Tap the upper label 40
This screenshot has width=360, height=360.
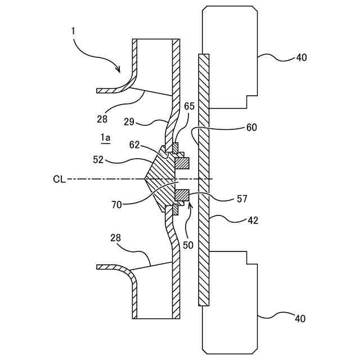(x=301, y=57)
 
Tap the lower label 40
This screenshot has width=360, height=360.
(x=300, y=319)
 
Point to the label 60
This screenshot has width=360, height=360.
(x=251, y=128)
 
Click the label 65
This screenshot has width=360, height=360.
(x=189, y=106)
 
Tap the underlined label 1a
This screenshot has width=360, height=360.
(x=106, y=137)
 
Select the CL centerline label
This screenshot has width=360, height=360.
(x=60, y=179)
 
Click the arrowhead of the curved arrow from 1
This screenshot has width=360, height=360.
(x=119, y=70)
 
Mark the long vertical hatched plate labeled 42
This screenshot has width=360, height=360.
(x=204, y=180)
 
